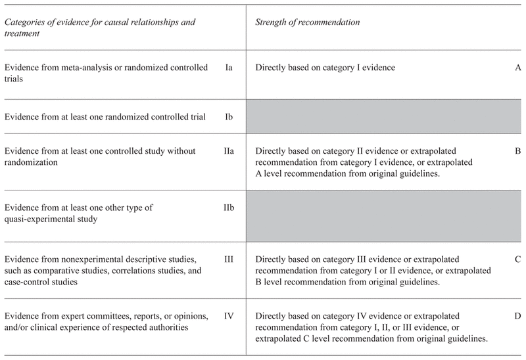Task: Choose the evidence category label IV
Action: pos(229,316)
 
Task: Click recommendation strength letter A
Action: pos(518,67)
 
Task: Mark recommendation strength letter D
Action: pos(518,316)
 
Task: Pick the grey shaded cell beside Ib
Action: pos(385,117)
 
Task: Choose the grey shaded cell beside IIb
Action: pos(385,213)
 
